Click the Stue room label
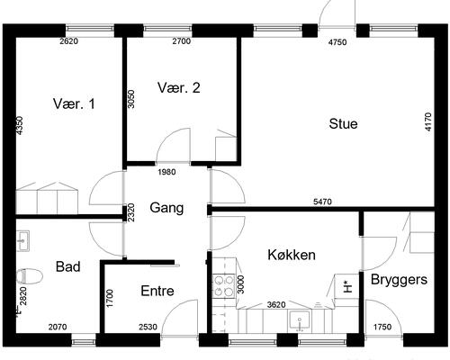pos(343,124)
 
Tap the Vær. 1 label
pos(74,103)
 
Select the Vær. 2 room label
pos(179,88)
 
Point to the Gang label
pos(166,208)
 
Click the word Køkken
pos(292,255)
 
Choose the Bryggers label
pos(399,280)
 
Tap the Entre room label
pos(157,291)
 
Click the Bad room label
pos(68,266)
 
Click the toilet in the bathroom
pos(29,275)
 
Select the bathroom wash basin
pos(22,240)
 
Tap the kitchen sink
pos(300,321)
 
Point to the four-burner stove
pos(223,286)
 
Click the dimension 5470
pos(322,202)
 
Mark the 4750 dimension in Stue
pos(337,42)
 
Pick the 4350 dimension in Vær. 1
pos(19,126)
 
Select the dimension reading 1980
pos(166,172)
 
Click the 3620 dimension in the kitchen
pos(276,305)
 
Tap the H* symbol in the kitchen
pos(347,286)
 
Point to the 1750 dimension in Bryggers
pos(382,327)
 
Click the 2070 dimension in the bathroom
pos(58,327)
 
